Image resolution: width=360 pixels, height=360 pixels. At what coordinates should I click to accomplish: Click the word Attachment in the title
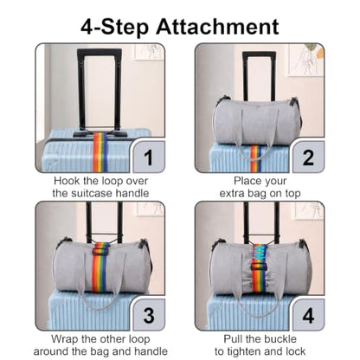click(217, 27)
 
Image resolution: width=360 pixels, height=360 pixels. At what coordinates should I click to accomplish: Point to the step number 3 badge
click(148, 315)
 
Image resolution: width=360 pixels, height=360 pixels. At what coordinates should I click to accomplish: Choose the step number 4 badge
click(308, 315)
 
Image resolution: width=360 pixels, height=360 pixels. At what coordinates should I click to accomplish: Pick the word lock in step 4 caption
click(295, 351)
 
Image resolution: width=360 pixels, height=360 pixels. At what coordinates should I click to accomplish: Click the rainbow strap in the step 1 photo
click(100, 152)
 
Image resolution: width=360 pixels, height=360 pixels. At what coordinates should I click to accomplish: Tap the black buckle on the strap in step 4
click(260, 267)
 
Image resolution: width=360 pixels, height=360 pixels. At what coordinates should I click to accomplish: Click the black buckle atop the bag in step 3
click(100, 250)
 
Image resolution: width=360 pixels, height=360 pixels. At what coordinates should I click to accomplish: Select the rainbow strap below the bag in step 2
click(255, 158)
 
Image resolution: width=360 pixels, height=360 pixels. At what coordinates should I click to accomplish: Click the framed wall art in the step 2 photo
click(305, 60)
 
